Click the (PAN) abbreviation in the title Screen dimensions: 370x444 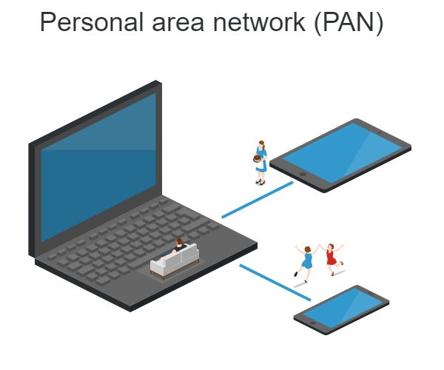349,23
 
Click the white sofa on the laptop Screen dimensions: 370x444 175,260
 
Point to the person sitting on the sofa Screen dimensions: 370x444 178,246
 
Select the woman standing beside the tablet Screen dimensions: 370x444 260,161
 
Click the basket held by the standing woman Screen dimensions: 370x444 257,158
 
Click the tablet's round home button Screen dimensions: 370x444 302,175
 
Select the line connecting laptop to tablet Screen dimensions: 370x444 258,199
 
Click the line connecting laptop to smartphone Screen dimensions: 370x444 275,282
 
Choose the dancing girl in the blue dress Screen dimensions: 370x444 306,261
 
